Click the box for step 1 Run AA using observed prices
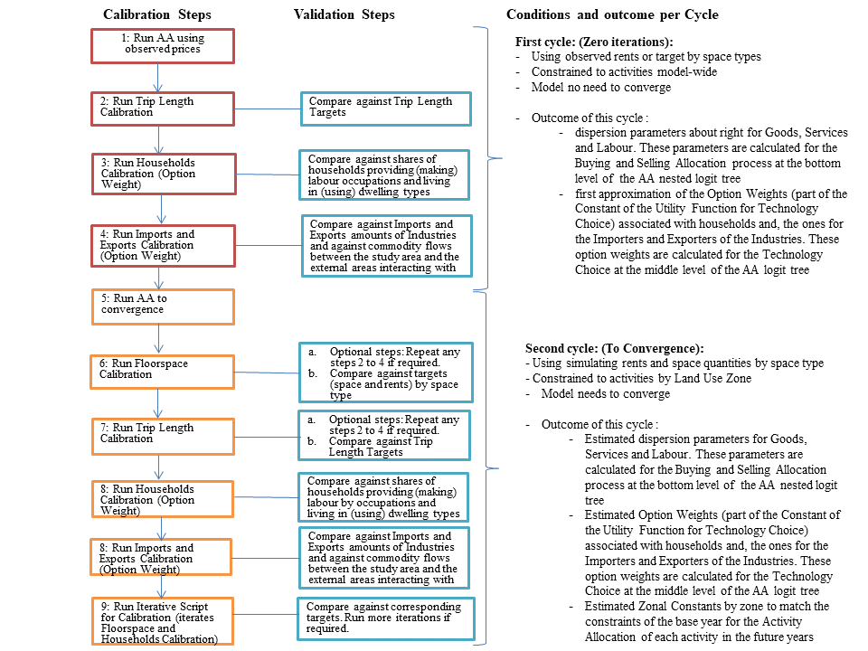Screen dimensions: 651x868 pyautogui.click(x=163, y=45)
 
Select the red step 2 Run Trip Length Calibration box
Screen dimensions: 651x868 pyautogui.click(x=163, y=108)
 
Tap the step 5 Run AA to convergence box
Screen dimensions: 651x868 pyautogui.click(x=163, y=306)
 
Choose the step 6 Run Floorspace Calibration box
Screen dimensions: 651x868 pyautogui.click(x=163, y=370)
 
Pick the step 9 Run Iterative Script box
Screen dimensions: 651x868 pyautogui.click(x=163, y=621)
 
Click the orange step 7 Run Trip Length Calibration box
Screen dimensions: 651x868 pyautogui.click(x=163, y=435)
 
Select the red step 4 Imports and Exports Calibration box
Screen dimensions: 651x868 pyautogui.click(x=163, y=246)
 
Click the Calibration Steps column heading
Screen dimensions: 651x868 pyautogui.click(x=157, y=15)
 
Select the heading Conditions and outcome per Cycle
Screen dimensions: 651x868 pyautogui.click(x=612, y=15)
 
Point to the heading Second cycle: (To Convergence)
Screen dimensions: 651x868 pyautogui.click(x=614, y=348)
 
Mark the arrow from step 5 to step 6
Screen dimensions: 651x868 pyautogui.click(x=159, y=339)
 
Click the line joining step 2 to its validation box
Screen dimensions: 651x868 pyautogui.click(x=267, y=108)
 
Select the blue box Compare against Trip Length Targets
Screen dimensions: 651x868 pyautogui.click(x=386, y=108)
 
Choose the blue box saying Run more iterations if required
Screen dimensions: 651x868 pyautogui.click(x=383, y=617)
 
